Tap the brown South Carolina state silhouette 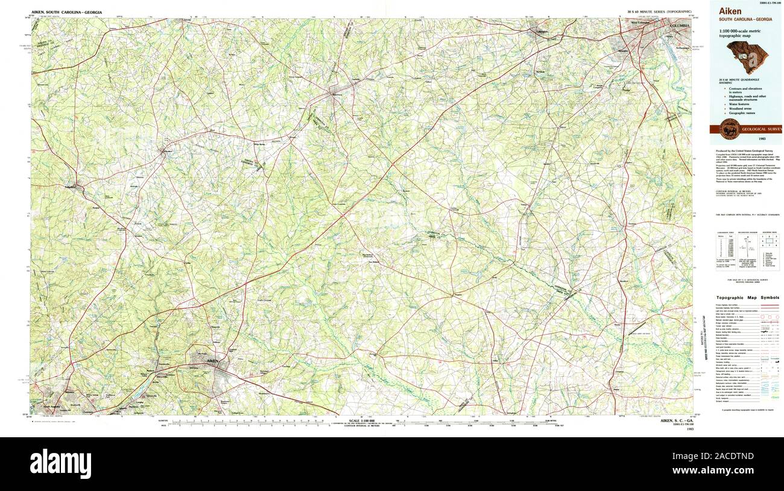(x=747, y=56)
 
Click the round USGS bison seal (x=730, y=128)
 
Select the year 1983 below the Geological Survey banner (x=746, y=139)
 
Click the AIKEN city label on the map (x=212, y=361)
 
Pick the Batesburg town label (x=335, y=94)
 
